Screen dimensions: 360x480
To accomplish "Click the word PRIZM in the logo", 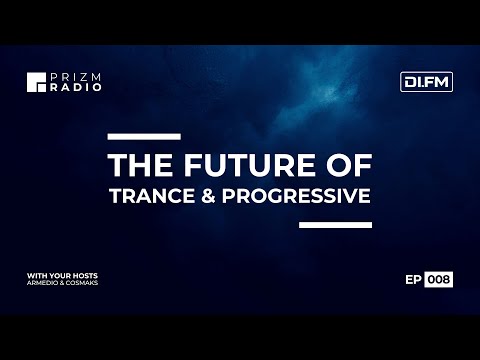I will click(x=67, y=76).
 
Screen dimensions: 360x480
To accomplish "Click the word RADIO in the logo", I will click(x=67, y=87).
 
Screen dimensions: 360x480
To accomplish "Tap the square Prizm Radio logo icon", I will click(x=37, y=82).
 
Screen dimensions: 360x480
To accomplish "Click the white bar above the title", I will click(x=143, y=135).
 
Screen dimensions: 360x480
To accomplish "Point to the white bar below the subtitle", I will click(x=335, y=224).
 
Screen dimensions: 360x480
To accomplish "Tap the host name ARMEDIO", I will click(x=44, y=283).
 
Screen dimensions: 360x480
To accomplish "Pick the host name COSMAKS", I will click(x=85, y=283).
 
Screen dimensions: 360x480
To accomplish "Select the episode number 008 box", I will click(x=439, y=280).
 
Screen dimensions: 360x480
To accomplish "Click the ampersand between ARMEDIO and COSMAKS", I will click(x=64, y=283).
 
